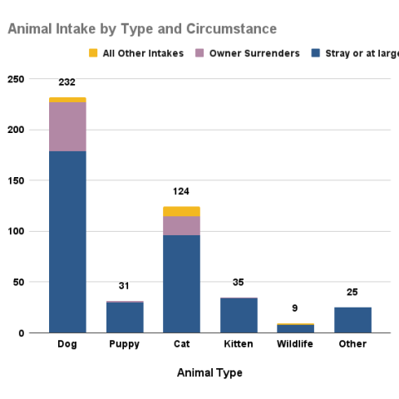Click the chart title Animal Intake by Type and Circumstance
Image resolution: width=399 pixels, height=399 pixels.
pyautogui.click(x=142, y=29)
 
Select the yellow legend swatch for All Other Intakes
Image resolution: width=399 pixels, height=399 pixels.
pyautogui.click(x=93, y=54)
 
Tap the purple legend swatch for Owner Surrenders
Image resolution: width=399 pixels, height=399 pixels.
pyautogui.click(x=199, y=54)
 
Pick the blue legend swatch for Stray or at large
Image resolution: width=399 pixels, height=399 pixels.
pyautogui.click(x=316, y=54)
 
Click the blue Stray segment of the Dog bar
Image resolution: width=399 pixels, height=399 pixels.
pyautogui.click(x=67, y=241)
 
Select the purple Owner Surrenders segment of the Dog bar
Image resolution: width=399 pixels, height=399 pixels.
pyautogui.click(x=67, y=127)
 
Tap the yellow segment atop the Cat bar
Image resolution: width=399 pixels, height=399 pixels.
pyautogui.click(x=181, y=211)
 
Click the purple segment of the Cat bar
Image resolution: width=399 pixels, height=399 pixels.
pyautogui.click(x=181, y=225)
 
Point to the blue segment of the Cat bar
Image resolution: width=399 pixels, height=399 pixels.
pyautogui.click(x=181, y=283)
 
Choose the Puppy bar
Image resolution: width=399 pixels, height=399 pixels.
pyautogui.click(x=125, y=317)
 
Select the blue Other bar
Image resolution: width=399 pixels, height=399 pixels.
pyautogui.click(x=352, y=320)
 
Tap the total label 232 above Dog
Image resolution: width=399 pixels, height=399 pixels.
pyautogui.click(x=67, y=82)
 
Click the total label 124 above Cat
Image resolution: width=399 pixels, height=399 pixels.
pyautogui.click(x=181, y=192)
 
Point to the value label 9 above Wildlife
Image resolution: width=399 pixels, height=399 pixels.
pyautogui.click(x=295, y=308)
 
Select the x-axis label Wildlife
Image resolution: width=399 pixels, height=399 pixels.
pyautogui.click(x=295, y=344)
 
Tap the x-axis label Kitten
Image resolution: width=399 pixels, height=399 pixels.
pyautogui.click(x=238, y=344)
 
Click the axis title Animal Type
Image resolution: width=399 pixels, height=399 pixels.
pyautogui.click(x=209, y=373)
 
